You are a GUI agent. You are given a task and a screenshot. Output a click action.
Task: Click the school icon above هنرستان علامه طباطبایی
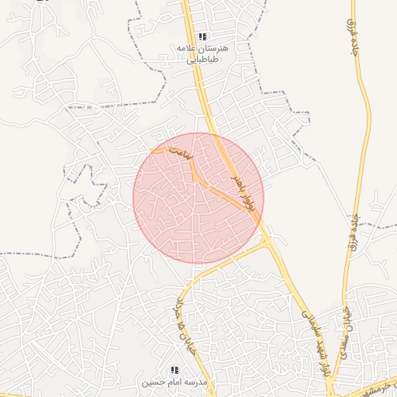[203, 36]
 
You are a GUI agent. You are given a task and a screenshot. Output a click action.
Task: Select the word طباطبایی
[209, 59]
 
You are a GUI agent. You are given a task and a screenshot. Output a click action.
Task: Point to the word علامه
[188, 48]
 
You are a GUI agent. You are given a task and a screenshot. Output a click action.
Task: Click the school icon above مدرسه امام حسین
[174, 370]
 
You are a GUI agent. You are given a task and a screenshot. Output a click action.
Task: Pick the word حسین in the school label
[150, 383]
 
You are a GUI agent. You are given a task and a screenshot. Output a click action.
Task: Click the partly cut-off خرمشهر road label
[385, 385]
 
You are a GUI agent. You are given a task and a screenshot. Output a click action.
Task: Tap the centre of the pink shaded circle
[198, 198]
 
